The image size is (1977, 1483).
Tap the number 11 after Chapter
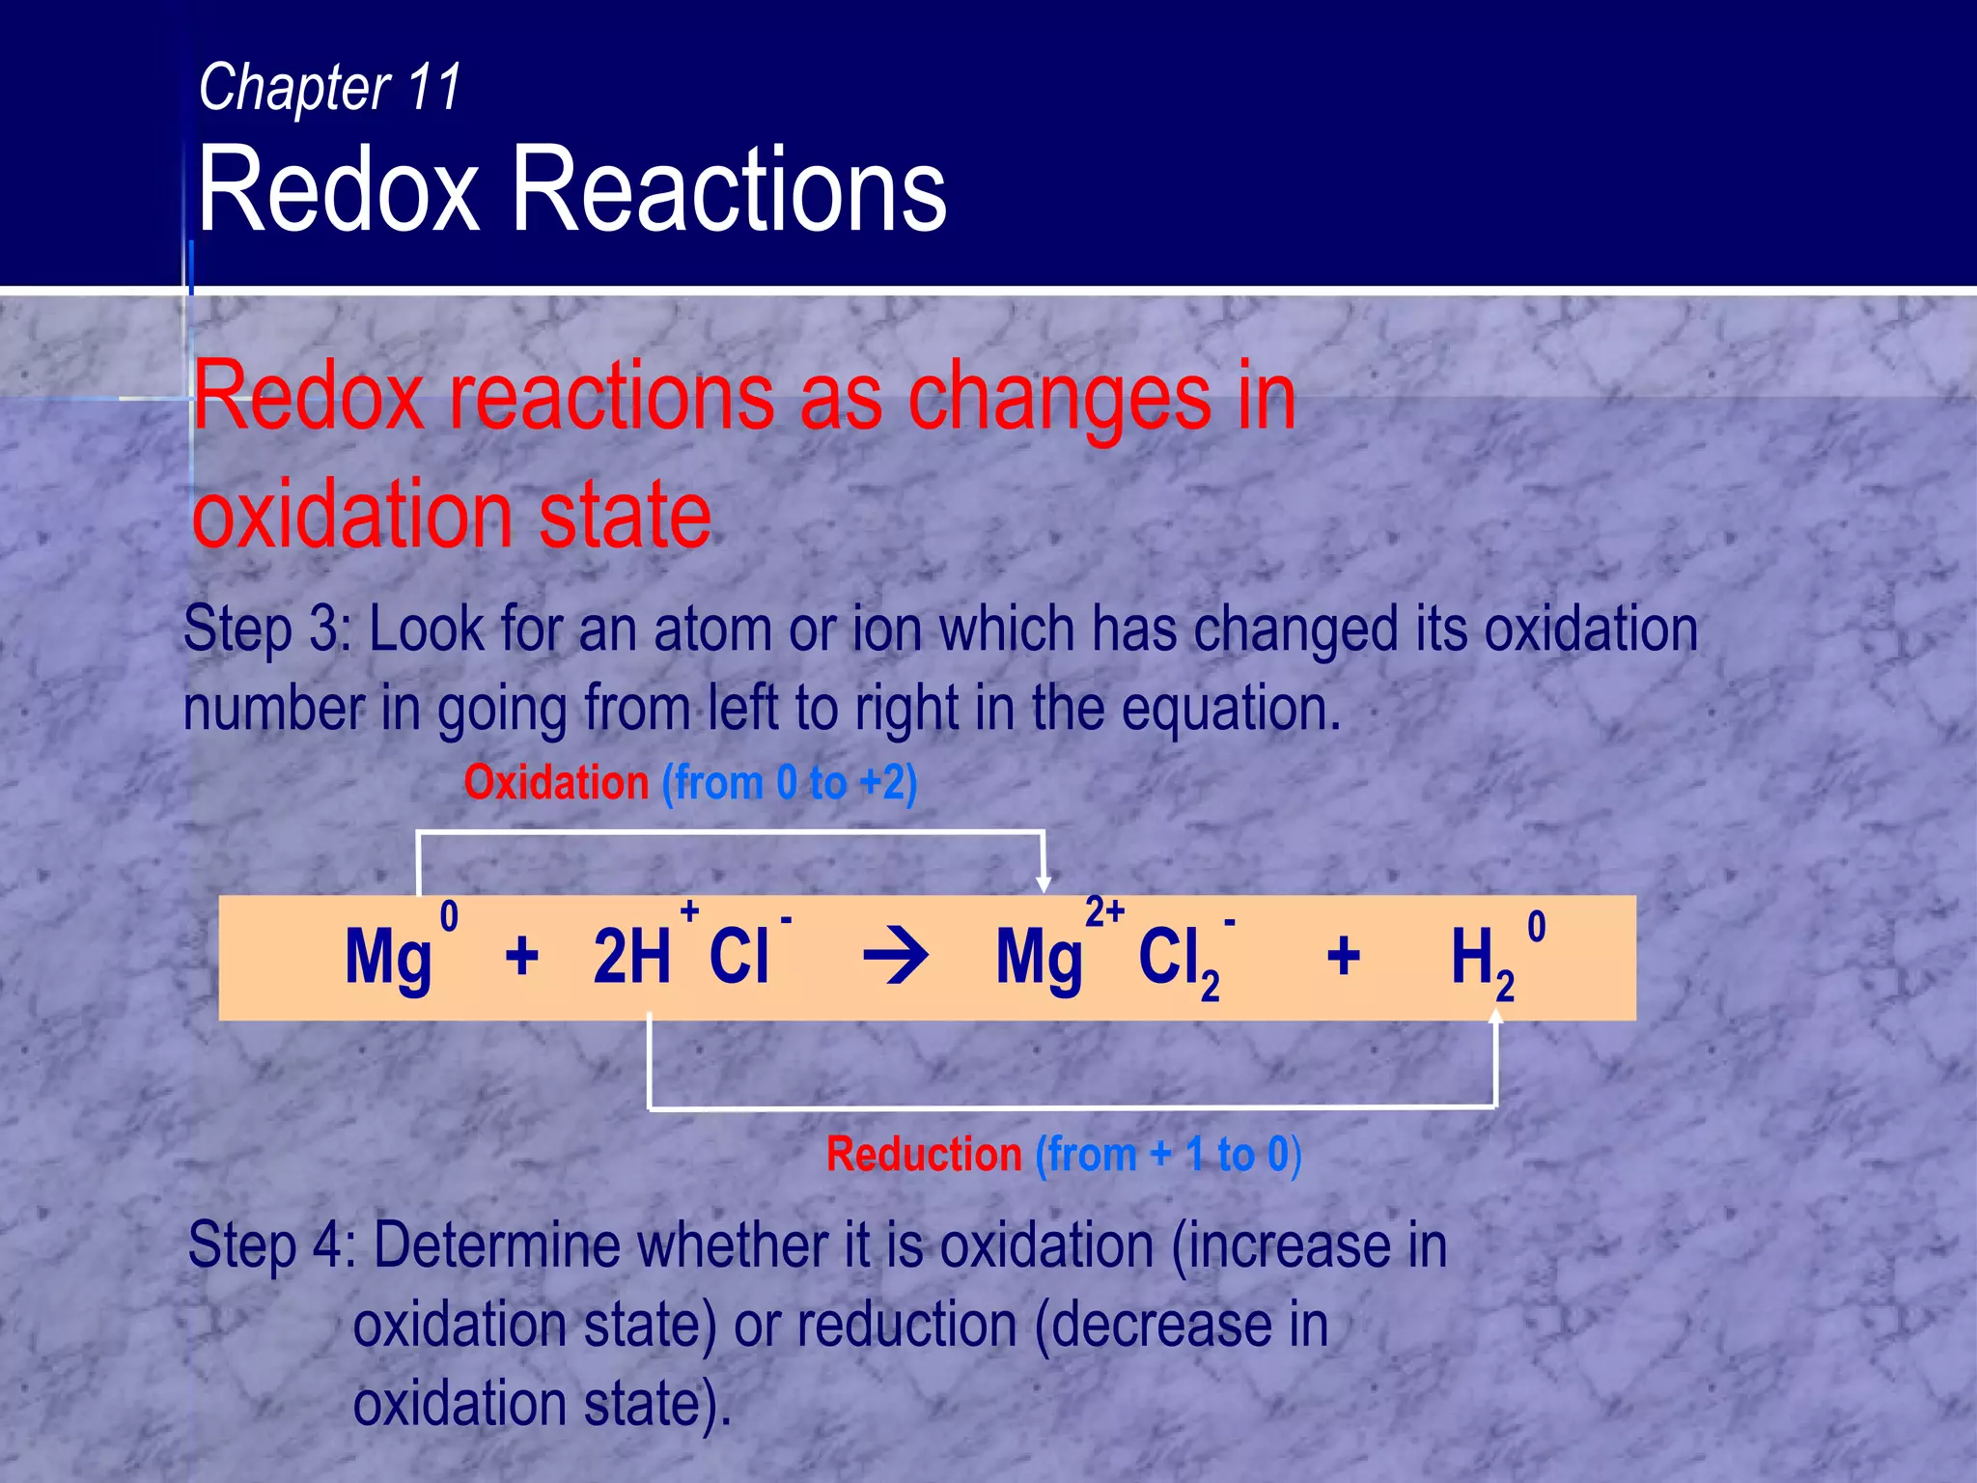pyautogui.click(x=434, y=88)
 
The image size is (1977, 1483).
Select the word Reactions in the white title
pyautogui.click(x=729, y=189)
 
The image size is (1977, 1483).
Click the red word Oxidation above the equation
pyautogui.click(x=556, y=782)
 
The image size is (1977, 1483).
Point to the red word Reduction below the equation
pyautogui.click(x=924, y=1155)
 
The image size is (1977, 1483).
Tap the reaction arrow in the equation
pyautogui.click(x=896, y=958)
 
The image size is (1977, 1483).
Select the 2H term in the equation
pyautogui.click(x=631, y=956)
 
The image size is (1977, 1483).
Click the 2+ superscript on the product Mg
pyautogui.click(x=1104, y=911)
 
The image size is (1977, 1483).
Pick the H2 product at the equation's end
pyautogui.click(x=1481, y=961)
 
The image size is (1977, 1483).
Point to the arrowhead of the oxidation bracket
pyautogui.click(x=1044, y=883)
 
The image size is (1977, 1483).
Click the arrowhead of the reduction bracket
pyautogui.click(x=1496, y=1017)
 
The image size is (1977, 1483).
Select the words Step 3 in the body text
pyautogui.click(x=266, y=630)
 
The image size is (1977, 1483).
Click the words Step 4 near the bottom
pyautogui.click(x=270, y=1245)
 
